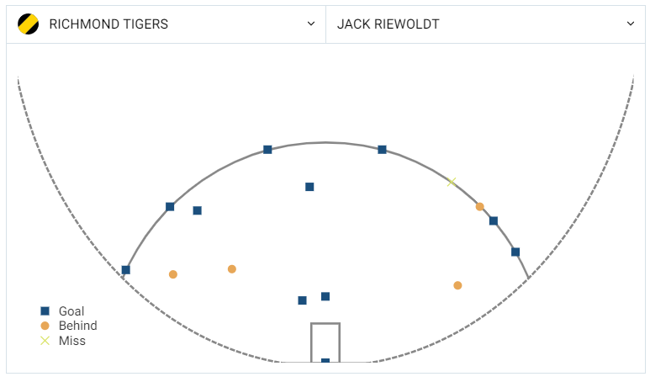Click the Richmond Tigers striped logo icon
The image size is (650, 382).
point(28,24)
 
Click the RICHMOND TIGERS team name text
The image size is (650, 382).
point(108,24)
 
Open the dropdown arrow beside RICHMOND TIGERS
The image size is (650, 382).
point(311,24)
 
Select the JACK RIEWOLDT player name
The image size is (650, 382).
point(388,24)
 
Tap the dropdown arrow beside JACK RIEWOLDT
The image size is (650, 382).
point(631,24)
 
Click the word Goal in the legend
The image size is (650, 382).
point(71,311)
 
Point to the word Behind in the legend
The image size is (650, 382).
point(77,326)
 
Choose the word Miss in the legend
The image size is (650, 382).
point(71,341)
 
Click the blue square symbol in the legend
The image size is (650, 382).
point(45,311)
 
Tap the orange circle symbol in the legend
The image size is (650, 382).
point(45,326)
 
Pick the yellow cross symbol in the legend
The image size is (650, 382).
point(45,341)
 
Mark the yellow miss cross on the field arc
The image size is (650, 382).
point(452,183)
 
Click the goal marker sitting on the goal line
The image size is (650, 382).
point(325,362)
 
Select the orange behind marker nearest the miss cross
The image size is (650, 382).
point(479,206)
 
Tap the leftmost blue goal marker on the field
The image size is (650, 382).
point(126,270)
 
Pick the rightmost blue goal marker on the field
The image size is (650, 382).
point(515,252)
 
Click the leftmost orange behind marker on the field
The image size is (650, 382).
point(173,274)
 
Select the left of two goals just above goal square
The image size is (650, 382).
point(302,300)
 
